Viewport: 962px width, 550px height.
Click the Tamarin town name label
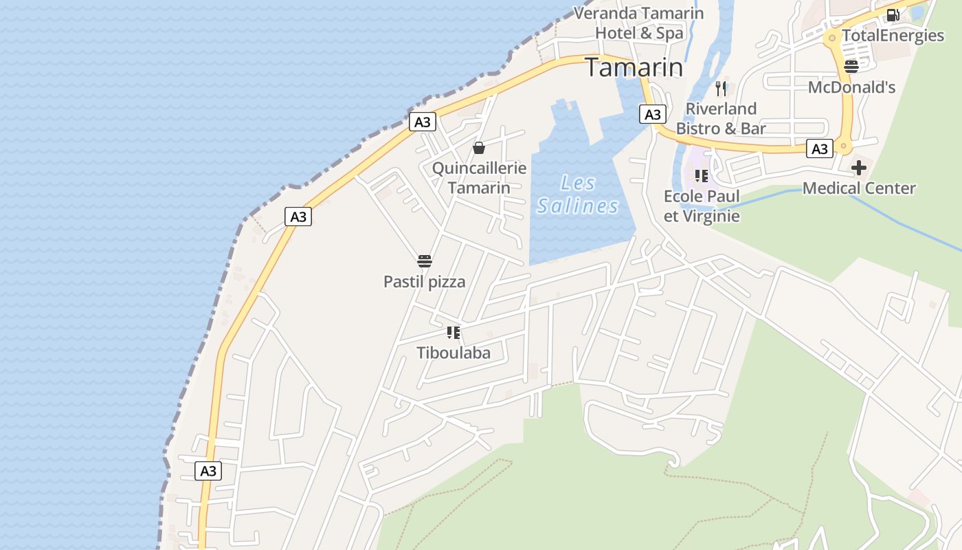pyautogui.click(x=634, y=67)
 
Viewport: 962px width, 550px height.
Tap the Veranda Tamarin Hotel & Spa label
pyautogui.click(x=639, y=23)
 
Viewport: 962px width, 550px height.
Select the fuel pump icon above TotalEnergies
pyautogui.click(x=893, y=14)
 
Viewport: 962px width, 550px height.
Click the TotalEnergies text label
pyautogui.click(x=893, y=36)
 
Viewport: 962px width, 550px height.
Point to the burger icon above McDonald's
pyautogui.click(x=851, y=66)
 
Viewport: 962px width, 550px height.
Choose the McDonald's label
pyautogui.click(x=851, y=87)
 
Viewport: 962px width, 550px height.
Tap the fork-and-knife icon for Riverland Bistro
pyautogui.click(x=720, y=88)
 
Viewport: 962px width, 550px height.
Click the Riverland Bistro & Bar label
pyautogui.click(x=721, y=118)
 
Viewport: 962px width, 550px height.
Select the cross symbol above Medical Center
pyautogui.click(x=859, y=167)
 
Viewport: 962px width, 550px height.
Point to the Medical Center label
pyautogui.click(x=859, y=188)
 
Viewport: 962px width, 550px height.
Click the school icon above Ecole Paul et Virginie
pyautogui.click(x=701, y=176)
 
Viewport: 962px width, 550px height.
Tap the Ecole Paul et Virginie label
pyautogui.click(x=702, y=206)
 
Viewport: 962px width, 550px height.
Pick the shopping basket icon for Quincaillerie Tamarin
pyautogui.click(x=479, y=148)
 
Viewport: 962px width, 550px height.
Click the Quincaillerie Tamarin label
pyautogui.click(x=479, y=177)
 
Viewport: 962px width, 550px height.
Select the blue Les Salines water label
pyautogui.click(x=578, y=195)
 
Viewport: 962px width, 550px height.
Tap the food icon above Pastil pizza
pyautogui.click(x=425, y=261)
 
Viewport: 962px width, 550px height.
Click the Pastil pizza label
pyautogui.click(x=424, y=281)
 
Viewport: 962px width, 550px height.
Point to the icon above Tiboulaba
pyautogui.click(x=453, y=333)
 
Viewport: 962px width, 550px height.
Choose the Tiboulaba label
pyautogui.click(x=454, y=353)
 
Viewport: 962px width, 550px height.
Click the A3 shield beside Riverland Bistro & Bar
pyautogui.click(x=653, y=114)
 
